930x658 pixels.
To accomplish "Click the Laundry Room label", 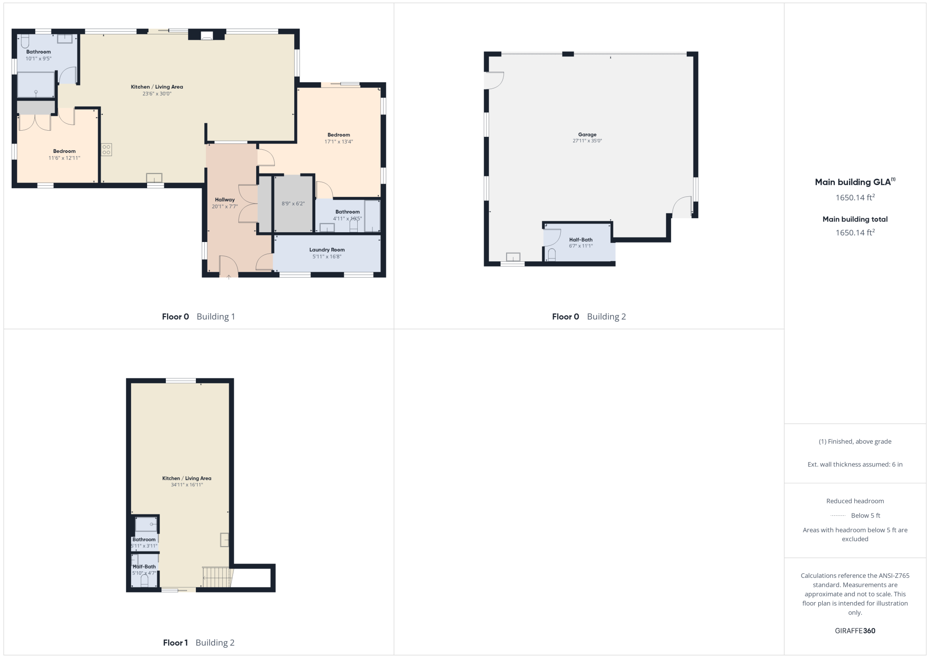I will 327,250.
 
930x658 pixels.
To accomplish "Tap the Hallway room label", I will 224,200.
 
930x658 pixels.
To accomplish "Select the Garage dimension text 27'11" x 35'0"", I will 587,141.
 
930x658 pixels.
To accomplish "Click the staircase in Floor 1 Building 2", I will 216,577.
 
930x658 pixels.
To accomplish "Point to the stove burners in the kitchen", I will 106,149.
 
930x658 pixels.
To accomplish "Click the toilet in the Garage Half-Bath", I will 552,255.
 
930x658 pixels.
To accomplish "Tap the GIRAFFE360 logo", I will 855,631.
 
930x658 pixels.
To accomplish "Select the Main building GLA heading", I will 854,182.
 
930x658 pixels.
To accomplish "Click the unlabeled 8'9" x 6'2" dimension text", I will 293,204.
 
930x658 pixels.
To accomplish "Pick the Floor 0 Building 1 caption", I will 198,317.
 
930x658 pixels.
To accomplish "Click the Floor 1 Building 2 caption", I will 199,643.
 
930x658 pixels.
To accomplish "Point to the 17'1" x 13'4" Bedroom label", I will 338,135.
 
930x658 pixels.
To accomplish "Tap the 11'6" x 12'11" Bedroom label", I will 64,151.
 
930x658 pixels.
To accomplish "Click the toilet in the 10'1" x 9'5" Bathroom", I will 25,41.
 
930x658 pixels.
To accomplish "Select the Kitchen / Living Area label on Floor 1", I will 186,478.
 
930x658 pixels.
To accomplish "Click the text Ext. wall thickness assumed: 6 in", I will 855,464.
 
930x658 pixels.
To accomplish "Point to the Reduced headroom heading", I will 855,501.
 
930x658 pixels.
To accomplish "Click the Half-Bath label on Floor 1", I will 144,566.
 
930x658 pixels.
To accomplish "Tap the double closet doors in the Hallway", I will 248,204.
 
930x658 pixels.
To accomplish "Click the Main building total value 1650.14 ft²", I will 855,233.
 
